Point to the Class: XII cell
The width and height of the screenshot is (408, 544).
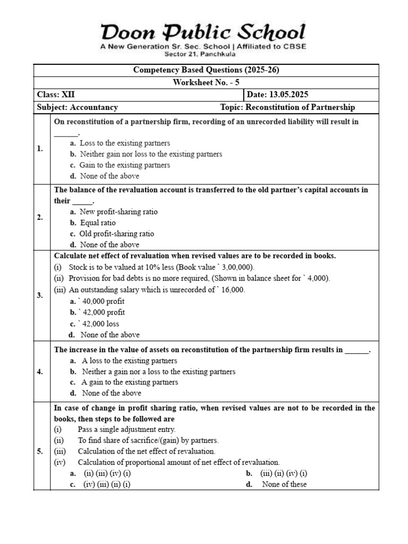point(56,95)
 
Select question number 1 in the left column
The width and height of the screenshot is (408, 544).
point(40,149)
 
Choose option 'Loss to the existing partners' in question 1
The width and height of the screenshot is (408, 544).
point(125,143)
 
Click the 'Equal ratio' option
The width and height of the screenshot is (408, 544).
point(98,223)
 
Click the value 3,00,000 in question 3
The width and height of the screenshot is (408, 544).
point(237,267)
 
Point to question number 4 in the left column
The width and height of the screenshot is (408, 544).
point(40,371)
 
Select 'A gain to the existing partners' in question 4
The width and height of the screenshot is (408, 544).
point(130,382)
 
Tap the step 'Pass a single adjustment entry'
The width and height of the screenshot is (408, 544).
point(126,429)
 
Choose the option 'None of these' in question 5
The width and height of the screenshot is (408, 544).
point(284,484)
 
